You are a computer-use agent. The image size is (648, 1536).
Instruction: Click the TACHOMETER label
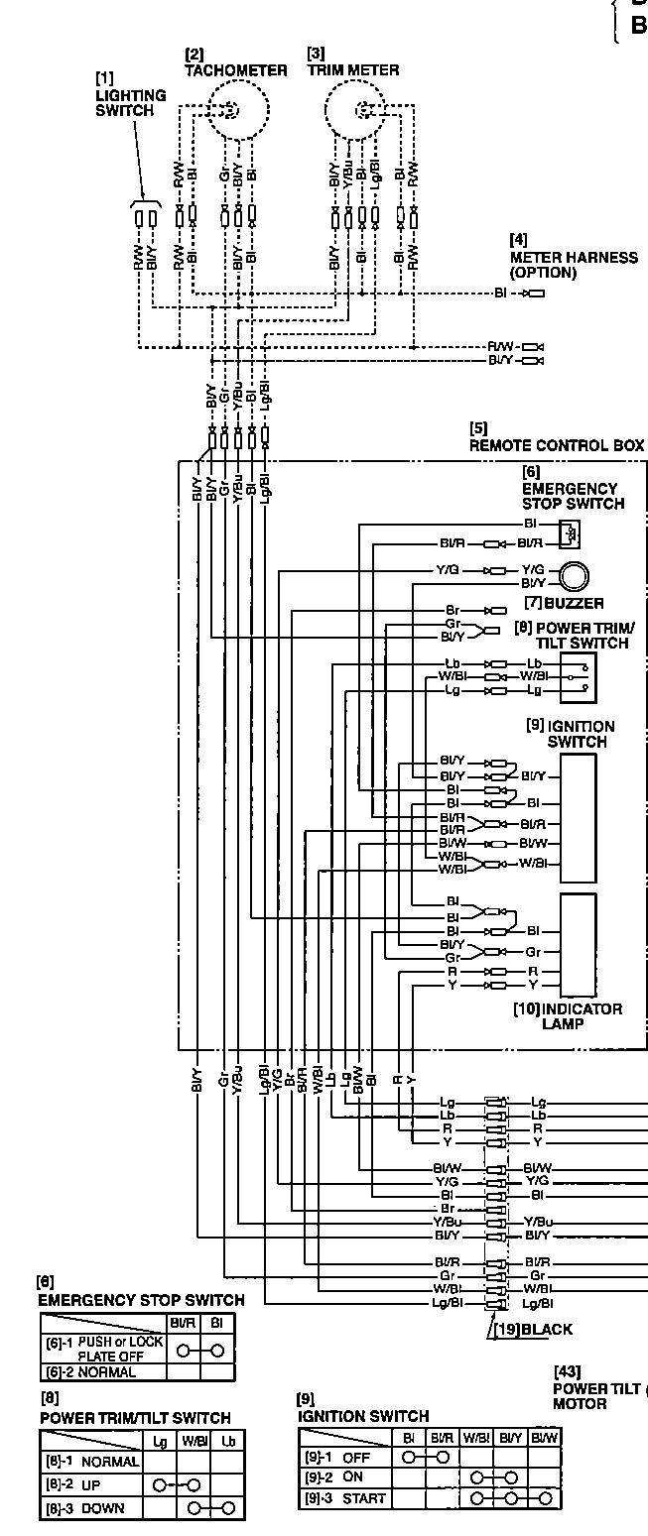tap(236, 70)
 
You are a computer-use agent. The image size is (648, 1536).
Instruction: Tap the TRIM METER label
tap(353, 70)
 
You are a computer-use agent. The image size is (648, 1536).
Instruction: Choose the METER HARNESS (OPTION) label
tap(573, 265)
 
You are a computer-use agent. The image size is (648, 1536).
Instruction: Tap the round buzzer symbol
tap(574, 576)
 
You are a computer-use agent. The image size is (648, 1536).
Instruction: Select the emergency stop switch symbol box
tap(570, 533)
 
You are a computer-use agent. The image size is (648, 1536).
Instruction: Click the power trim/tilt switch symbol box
tap(576, 675)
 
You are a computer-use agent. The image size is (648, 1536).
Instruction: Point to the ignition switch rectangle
tap(578, 818)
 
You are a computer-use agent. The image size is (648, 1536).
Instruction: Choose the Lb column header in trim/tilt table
tap(228, 1440)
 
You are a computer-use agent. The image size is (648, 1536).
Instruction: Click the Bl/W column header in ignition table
tap(543, 1437)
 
